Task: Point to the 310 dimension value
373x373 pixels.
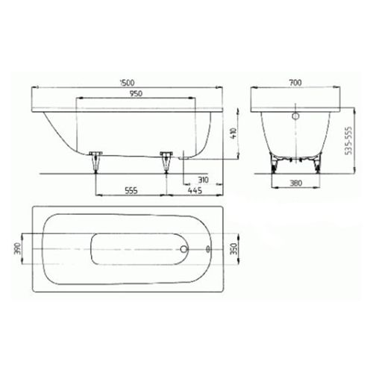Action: coord(204,180)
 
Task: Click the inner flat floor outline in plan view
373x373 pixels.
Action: coord(134,249)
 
